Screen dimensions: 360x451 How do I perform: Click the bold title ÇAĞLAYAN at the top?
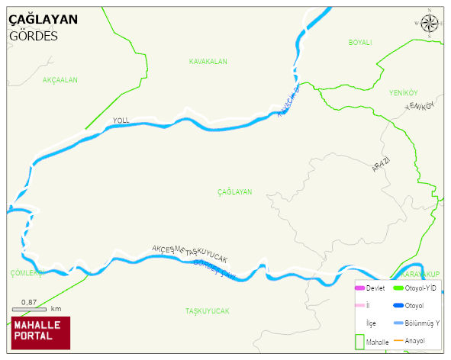coord(43,20)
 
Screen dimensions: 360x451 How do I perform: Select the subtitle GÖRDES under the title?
coord(34,36)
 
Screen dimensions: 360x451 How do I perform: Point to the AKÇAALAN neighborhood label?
coord(60,79)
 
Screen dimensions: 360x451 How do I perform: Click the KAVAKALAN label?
coord(208,61)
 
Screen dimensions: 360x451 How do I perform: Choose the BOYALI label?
coord(359,43)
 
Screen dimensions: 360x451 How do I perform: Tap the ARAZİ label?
coord(381,164)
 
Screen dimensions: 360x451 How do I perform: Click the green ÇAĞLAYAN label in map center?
coord(234,192)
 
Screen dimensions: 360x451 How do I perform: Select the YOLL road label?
coord(121,121)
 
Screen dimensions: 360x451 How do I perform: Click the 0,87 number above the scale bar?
coord(30,302)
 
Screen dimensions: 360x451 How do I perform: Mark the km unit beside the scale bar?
coord(56,309)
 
